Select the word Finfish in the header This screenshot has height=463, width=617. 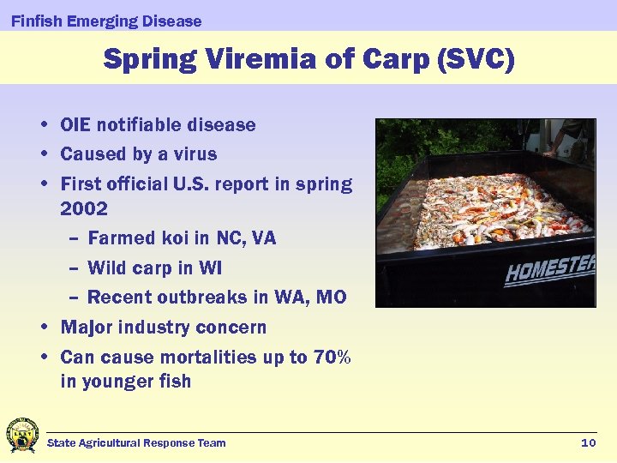pos(36,21)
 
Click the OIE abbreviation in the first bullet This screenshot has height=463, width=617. pos(75,125)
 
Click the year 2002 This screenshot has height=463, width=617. pos(84,208)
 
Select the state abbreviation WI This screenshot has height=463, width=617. pos(211,268)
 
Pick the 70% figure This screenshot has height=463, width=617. pos(332,357)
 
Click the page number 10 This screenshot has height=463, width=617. pos(588,442)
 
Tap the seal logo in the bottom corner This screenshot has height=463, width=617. pos(22,435)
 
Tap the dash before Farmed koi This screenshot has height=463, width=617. pos(75,238)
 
